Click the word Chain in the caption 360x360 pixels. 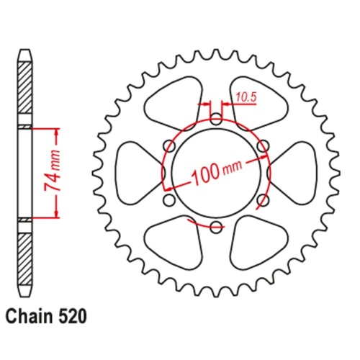(29, 315)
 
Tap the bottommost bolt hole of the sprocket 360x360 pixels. (217, 228)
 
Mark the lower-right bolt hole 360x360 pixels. (264, 201)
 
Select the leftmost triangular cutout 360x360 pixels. (137, 173)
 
